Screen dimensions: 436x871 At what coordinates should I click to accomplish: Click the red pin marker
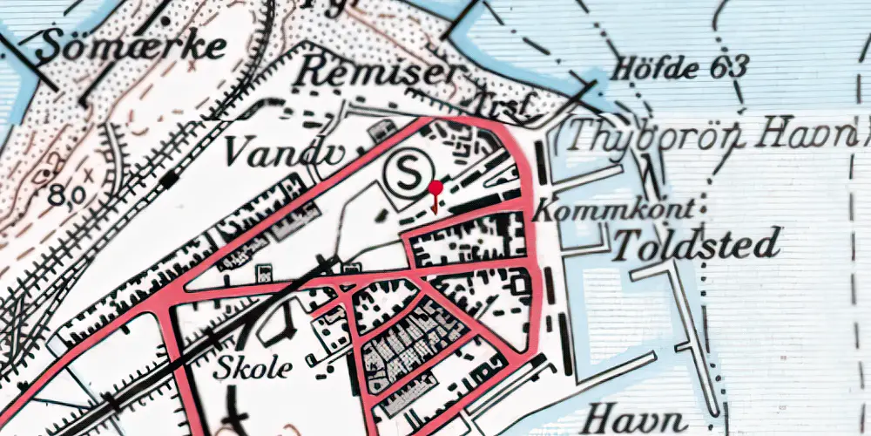pos(435,188)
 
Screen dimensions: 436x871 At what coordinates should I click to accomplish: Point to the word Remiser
pos(376,73)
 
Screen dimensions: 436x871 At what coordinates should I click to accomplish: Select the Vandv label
pos(267,153)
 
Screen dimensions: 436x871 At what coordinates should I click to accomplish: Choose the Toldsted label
pos(697,245)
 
